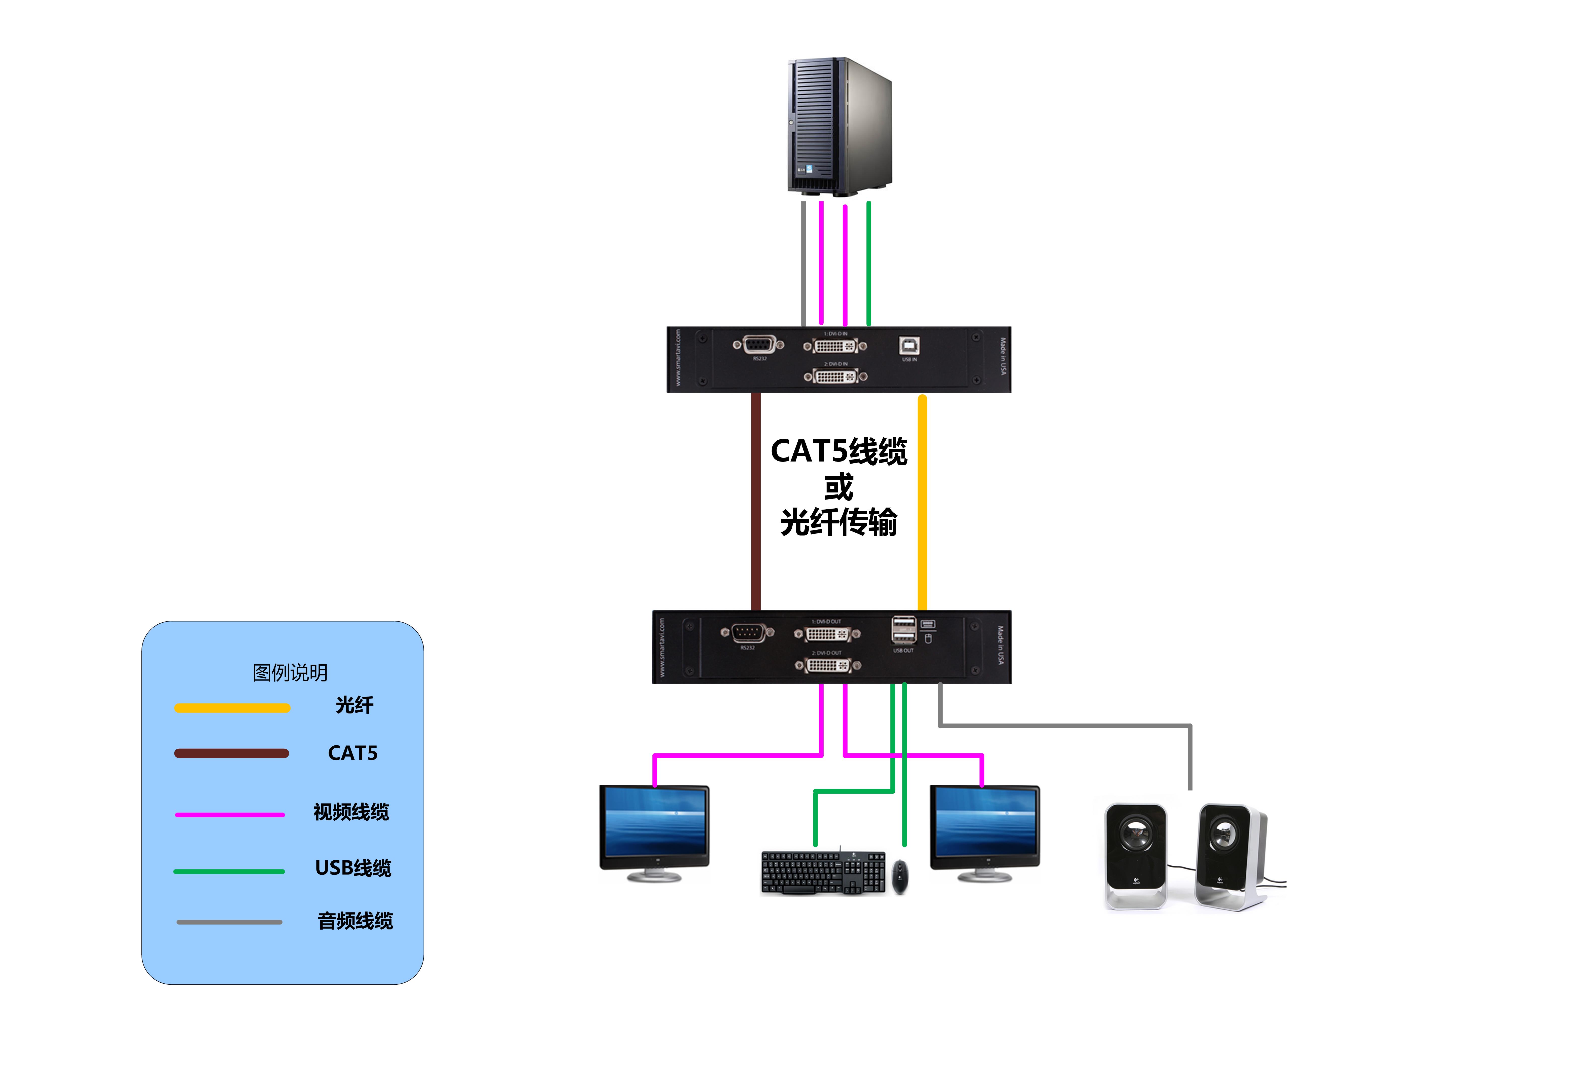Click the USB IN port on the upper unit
pyautogui.click(x=909, y=346)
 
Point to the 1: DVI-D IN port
pyautogui.click(x=835, y=346)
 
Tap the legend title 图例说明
pyautogui.click(x=290, y=673)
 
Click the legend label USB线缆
pyautogui.click(x=353, y=868)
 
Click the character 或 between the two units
pyautogui.click(x=839, y=487)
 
